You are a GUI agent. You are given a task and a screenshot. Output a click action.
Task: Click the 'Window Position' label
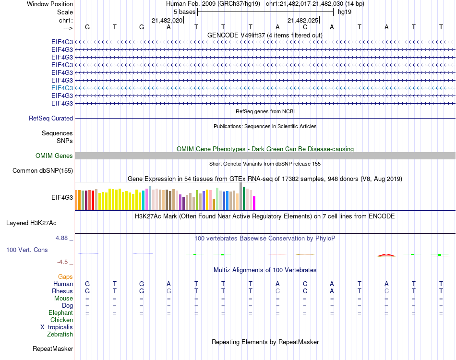(x=50, y=4)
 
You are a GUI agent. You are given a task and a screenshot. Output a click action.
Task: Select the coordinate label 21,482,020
(x=167, y=21)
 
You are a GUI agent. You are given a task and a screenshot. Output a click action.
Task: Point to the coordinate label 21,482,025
(x=303, y=21)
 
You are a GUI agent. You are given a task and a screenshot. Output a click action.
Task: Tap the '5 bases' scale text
(x=184, y=12)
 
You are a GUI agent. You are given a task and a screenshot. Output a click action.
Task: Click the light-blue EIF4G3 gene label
(x=62, y=88)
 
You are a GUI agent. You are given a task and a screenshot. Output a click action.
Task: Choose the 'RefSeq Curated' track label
(x=51, y=118)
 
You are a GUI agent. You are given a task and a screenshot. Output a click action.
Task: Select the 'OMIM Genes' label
(x=54, y=156)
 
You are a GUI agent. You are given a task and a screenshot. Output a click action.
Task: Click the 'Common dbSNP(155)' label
(x=43, y=170)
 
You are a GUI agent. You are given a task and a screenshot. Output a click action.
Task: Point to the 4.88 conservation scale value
(x=63, y=238)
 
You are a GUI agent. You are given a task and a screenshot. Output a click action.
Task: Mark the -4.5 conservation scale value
(x=63, y=262)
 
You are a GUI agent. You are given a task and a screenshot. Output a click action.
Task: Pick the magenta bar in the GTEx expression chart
(x=254, y=203)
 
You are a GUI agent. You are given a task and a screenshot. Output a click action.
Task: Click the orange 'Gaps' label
(x=65, y=277)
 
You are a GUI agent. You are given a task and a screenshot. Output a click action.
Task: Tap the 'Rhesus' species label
(x=62, y=291)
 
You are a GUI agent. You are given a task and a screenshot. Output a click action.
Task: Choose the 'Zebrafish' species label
(x=60, y=335)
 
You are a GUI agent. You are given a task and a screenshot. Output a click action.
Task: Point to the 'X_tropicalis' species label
(x=57, y=327)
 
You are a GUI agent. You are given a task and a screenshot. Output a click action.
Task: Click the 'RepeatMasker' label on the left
(x=53, y=348)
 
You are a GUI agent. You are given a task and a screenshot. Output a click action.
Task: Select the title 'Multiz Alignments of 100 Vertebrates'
(x=265, y=270)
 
